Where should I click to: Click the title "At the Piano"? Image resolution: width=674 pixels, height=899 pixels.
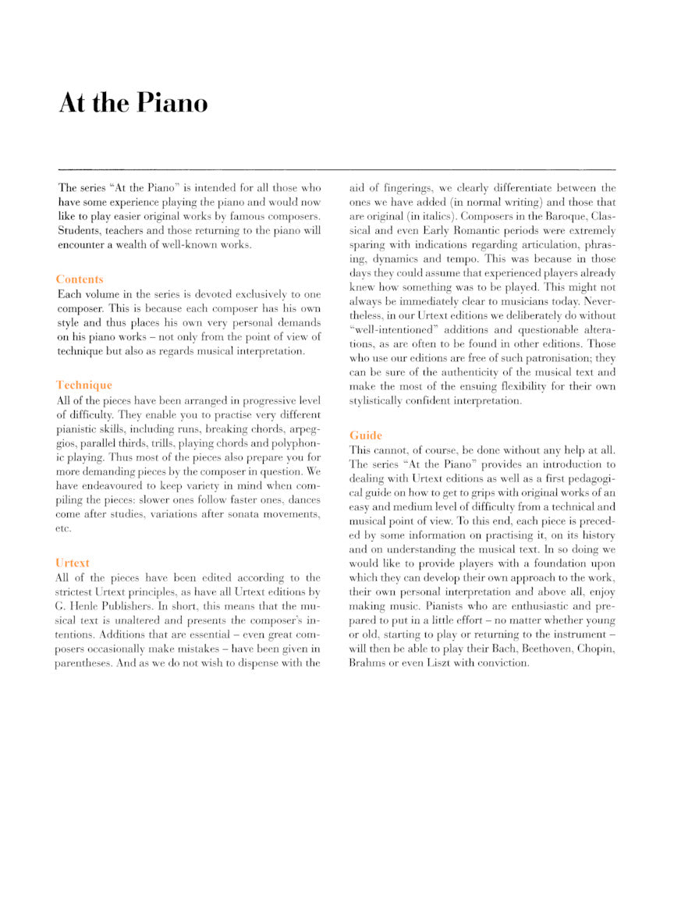pos(133,103)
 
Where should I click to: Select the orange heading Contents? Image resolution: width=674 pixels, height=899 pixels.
pos(80,279)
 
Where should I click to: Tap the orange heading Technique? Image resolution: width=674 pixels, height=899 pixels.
pos(84,386)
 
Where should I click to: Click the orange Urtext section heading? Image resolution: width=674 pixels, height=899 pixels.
pos(73,563)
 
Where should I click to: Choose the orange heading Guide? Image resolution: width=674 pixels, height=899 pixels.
pos(366,435)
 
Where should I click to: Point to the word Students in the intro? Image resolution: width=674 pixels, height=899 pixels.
pos(80,230)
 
